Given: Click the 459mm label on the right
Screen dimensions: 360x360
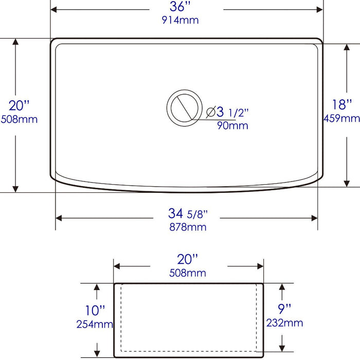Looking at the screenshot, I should click(x=341, y=119).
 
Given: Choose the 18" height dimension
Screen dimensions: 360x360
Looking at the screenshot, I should click(x=341, y=105).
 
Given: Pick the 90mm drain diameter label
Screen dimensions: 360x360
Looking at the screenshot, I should click(x=232, y=125).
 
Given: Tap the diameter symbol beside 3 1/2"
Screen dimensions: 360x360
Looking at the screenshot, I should click(x=211, y=112).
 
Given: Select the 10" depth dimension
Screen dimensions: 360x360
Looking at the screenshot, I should click(x=96, y=310).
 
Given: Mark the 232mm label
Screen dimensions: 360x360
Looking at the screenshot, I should click(x=284, y=323).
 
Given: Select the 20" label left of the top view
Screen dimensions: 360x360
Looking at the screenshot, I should click(x=19, y=105).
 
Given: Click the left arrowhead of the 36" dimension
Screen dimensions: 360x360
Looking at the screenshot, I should click(x=53, y=10).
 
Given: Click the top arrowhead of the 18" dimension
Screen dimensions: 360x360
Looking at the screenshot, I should click(x=348, y=47).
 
